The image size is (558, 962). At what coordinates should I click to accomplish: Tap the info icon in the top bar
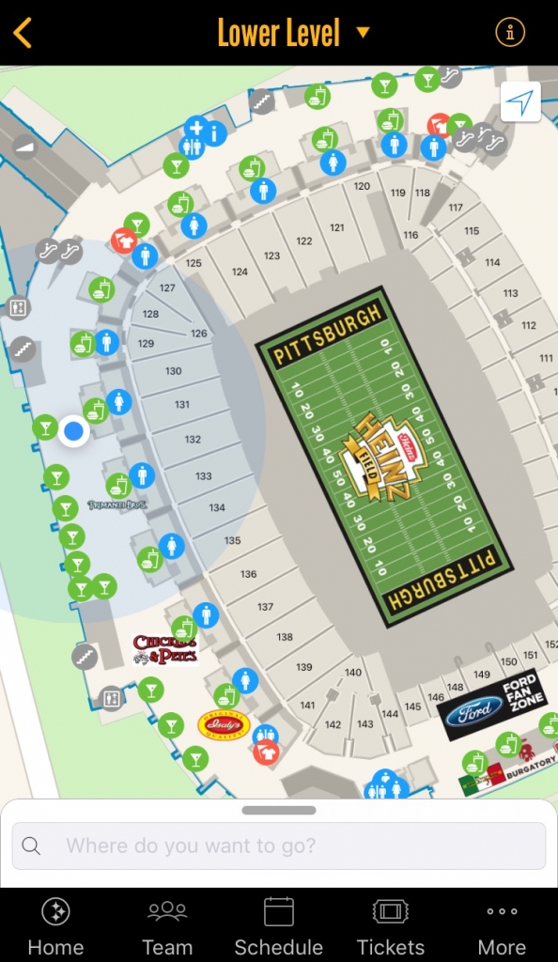[x=510, y=33]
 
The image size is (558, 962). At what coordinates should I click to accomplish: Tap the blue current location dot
[x=73, y=431]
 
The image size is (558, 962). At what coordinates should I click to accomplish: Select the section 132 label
[x=193, y=440]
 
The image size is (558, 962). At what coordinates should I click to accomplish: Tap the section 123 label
[x=271, y=256]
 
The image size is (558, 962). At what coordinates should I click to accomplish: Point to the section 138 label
[x=285, y=637]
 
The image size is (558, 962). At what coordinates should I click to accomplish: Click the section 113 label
[x=510, y=293]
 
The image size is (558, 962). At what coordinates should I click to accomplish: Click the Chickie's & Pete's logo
[x=164, y=649]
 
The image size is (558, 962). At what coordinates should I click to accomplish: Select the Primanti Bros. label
[x=116, y=505]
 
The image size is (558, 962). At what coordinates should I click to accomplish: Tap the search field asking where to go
[x=279, y=846]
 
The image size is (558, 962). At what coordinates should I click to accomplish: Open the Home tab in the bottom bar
[x=55, y=925]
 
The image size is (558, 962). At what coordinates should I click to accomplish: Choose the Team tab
[x=167, y=925]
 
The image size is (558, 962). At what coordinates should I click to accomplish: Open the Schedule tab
[x=278, y=925]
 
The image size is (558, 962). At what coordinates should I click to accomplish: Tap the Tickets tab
[x=390, y=925]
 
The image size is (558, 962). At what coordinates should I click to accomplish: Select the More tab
[x=502, y=925]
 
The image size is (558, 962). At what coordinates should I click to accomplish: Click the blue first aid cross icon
[x=195, y=126]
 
